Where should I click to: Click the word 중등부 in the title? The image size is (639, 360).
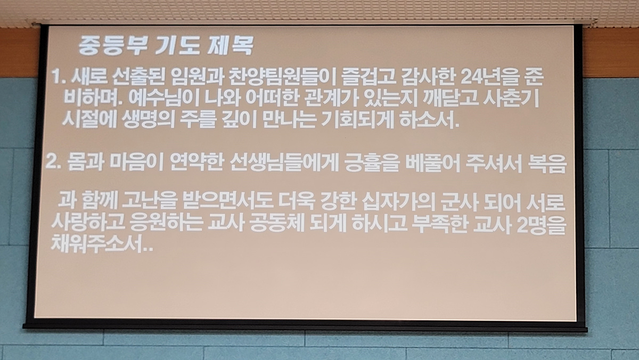109,46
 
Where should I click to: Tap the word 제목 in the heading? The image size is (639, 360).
231,46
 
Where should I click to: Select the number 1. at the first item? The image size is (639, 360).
59,77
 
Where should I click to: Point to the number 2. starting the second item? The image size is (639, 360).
53,163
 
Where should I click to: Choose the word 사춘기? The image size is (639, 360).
511,99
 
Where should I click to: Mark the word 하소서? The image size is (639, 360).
429,120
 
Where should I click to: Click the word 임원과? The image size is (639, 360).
196,77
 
